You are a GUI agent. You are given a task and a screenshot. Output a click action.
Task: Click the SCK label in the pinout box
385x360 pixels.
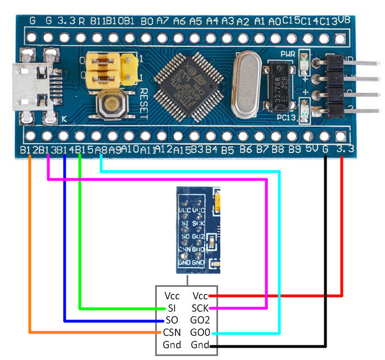click(200, 308)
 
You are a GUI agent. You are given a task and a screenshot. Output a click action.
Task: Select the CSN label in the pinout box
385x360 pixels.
click(171, 332)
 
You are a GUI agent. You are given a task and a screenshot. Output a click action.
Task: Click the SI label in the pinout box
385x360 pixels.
click(171, 308)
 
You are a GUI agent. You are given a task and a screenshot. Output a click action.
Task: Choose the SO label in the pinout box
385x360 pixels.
click(171, 321)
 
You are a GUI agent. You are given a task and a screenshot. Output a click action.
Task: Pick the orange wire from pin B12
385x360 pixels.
click(29, 247)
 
